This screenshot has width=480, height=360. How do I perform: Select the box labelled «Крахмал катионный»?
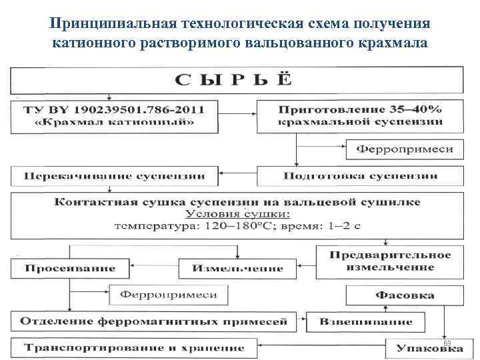[116, 115]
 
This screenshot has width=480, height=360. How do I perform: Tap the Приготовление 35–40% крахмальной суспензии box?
[361, 115]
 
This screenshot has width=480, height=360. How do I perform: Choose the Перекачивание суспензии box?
[116, 177]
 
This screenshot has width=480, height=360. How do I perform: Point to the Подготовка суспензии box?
[361, 177]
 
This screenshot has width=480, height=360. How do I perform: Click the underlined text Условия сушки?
[237, 214]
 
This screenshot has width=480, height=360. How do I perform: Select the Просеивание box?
[71, 268]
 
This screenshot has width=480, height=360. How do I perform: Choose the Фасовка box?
[405, 295]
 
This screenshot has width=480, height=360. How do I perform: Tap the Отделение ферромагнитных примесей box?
[153, 321]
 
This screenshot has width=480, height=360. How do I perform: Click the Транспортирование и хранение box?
[133, 347]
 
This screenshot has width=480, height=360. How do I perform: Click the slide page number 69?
[447, 341]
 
